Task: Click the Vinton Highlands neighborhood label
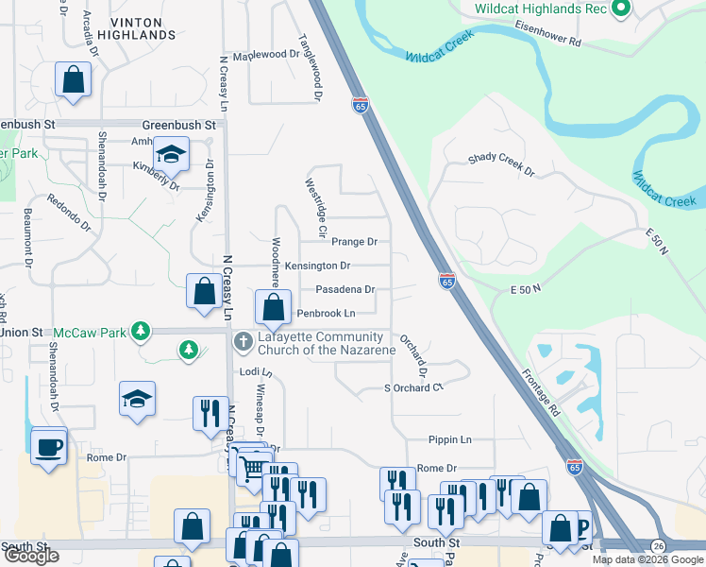coord(143,27)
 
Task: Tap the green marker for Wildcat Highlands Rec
coord(620,9)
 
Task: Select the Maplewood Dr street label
coord(265,55)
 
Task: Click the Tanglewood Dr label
coord(311,68)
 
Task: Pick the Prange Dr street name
coord(354,242)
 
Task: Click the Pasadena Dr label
coord(345,289)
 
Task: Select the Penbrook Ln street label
coord(326,313)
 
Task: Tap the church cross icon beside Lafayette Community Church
coord(243,339)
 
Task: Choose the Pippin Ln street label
coord(449,440)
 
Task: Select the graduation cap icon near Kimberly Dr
coord(172,153)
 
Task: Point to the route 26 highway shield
coord(657,546)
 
